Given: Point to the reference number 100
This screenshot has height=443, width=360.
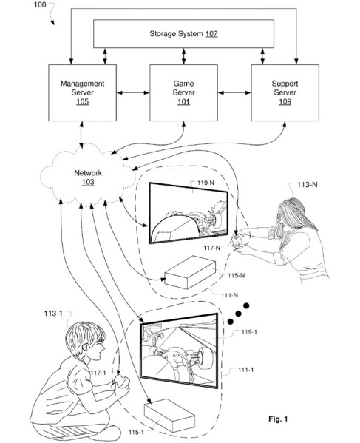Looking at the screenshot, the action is click(40, 4).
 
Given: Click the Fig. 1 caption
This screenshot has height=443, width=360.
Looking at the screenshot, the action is click(278, 419).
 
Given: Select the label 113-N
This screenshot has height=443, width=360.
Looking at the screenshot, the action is click(308, 185).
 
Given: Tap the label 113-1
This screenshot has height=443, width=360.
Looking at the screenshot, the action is click(53, 314).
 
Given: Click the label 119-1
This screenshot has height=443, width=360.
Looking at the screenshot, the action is click(249, 331).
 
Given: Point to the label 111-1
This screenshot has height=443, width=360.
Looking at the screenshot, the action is click(246, 370).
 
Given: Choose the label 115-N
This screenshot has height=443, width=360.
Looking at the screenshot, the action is click(237, 275).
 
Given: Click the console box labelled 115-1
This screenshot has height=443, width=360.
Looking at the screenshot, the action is click(170, 416).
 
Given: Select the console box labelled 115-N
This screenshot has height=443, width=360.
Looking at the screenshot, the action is click(190, 272).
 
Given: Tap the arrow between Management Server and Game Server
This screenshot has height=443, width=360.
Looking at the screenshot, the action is click(133, 92).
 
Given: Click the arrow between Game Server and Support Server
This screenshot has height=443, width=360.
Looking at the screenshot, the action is click(234, 92).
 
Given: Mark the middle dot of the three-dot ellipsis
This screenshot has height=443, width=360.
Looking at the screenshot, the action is click(238, 314).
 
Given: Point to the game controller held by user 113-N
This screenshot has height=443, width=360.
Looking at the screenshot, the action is click(237, 240).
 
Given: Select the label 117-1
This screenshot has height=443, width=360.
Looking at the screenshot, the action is click(98, 373).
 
